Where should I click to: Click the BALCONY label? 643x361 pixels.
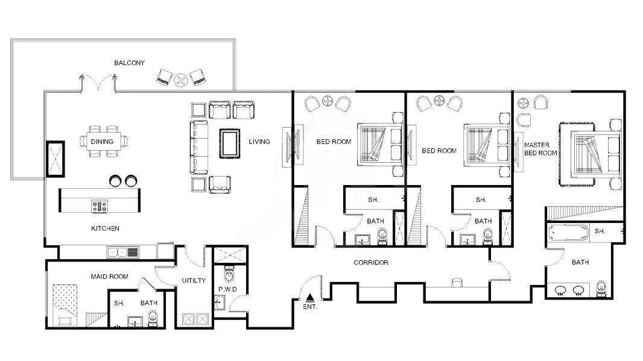coord(129,63)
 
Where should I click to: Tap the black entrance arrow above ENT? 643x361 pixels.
coord(311,297)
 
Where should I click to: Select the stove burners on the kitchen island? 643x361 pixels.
coord(100,206)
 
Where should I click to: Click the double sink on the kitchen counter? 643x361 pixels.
coord(123,252)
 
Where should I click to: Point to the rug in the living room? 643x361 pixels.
coord(230,143)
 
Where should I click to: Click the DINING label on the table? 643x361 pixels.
coord(102,142)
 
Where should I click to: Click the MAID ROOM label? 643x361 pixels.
coord(110,277)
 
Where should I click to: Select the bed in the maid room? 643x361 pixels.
coord(65,306)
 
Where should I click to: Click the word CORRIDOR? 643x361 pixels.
coord(371,262)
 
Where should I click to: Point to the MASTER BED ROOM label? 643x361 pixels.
coord(540,149)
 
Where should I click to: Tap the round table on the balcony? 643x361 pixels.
coord(180,79)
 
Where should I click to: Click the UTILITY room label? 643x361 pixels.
coord(194,281)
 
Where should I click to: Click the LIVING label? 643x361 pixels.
coord(259,142)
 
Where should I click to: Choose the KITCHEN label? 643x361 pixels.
coord(105,228)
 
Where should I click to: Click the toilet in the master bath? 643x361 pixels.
coord(601,289)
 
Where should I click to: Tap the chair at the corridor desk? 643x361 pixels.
coord(457,282)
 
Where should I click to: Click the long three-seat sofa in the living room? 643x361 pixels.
coord(199,147)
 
